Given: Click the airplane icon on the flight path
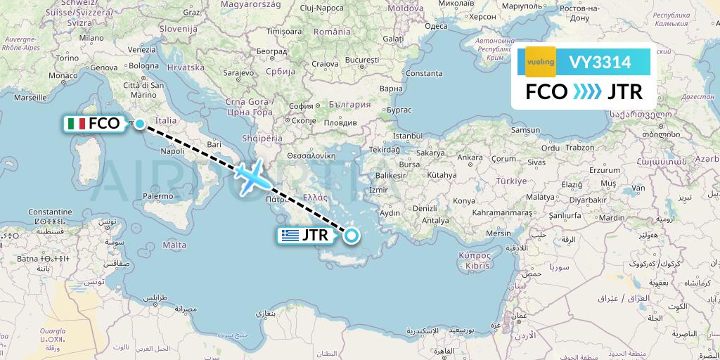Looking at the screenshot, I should pyautogui.click(x=250, y=176).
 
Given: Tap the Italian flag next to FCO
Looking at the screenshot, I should pyautogui.click(x=77, y=124).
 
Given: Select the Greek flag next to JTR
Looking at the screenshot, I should pyautogui.click(x=289, y=236).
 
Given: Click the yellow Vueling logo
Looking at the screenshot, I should pyautogui.click(x=540, y=62).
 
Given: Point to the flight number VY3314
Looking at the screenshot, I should pyautogui.click(x=600, y=63).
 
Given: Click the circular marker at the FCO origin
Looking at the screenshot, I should pyautogui.click(x=140, y=124).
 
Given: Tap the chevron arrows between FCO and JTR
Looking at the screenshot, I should pyautogui.click(x=587, y=92).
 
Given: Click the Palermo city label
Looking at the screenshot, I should pyautogui.click(x=157, y=196).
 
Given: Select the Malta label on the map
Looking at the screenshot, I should pyautogui.click(x=174, y=245).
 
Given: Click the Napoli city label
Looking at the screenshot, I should pyautogui.click(x=172, y=150).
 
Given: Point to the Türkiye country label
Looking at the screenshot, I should pyautogui.click(x=511, y=181).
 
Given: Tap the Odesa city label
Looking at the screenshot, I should pyautogui.click(x=436, y=26).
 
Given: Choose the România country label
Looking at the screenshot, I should pyautogui.click(x=331, y=32).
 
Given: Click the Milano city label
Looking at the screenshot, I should pyautogui.click(x=91, y=38).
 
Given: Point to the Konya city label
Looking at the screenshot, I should pyautogui.click(x=464, y=200).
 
